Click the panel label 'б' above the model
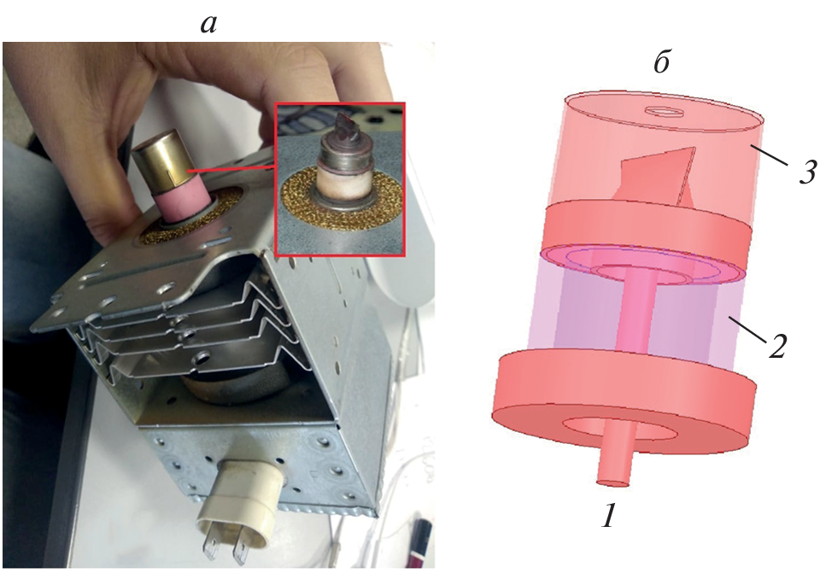tap(662, 62)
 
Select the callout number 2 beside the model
tap(777, 346)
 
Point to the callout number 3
tap(807, 172)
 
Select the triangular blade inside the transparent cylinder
tap(661, 177)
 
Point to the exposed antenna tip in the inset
tap(346, 124)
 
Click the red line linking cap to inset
tap(232, 170)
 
